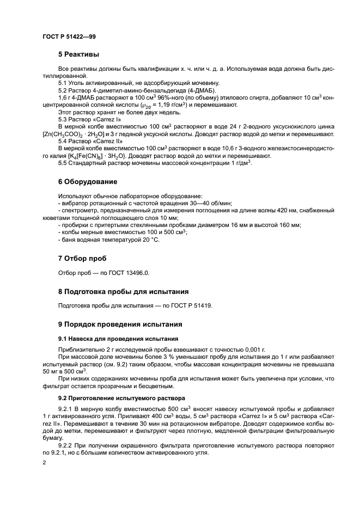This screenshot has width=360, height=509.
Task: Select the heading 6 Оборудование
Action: pos(88,181)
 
